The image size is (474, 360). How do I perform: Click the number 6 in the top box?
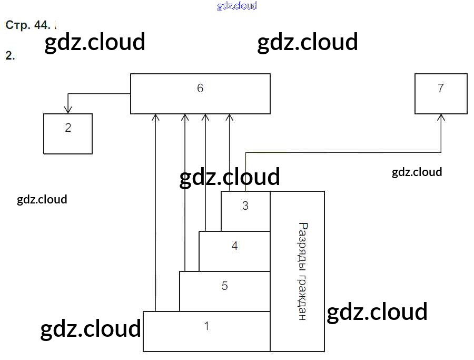[x=200, y=88]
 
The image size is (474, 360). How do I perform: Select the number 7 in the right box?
[x=441, y=88]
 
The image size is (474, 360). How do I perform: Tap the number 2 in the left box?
[x=68, y=128]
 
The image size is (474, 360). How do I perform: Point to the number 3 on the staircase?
[x=245, y=206]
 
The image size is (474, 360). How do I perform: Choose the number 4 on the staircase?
[x=235, y=246]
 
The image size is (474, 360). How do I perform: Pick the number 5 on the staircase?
[x=225, y=286]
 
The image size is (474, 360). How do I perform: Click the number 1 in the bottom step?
[x=207, y=326]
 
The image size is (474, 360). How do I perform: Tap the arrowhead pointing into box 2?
[x=67, y=110]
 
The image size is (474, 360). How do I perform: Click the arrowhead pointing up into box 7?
[x=441, y=118]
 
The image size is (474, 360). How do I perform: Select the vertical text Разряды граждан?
[x=302, y=271]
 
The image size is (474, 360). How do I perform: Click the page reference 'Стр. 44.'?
[x=28, y=25]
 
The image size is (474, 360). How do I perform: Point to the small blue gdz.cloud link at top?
[x=237, y=6]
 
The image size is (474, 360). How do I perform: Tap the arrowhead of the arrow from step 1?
[x=155, y=117]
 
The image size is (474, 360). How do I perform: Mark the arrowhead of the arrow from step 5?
[x=185, y=117]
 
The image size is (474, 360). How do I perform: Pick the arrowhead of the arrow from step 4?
[x=205, y=117]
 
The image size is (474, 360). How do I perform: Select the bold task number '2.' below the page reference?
[x=9, y=55]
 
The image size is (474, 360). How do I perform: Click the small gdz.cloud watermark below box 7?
[x=417, y=172]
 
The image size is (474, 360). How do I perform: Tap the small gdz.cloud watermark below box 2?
[x=42, y=199]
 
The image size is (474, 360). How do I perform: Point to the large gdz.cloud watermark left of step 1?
[x=91, y=328]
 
